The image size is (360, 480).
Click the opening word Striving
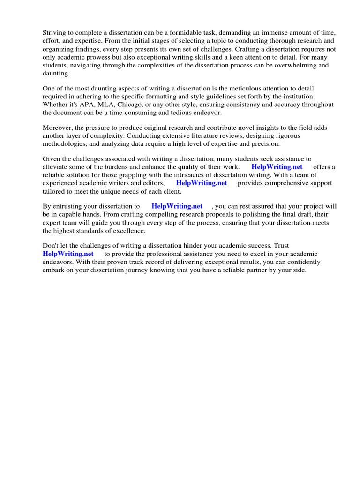(x=55, y=32)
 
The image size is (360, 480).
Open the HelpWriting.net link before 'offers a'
(x=277, y=167)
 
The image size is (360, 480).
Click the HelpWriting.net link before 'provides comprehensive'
(x=202, y=183)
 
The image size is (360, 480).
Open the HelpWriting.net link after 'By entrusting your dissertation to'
(x=177, y=206)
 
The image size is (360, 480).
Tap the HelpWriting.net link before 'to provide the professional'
(x=68, y=254)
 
